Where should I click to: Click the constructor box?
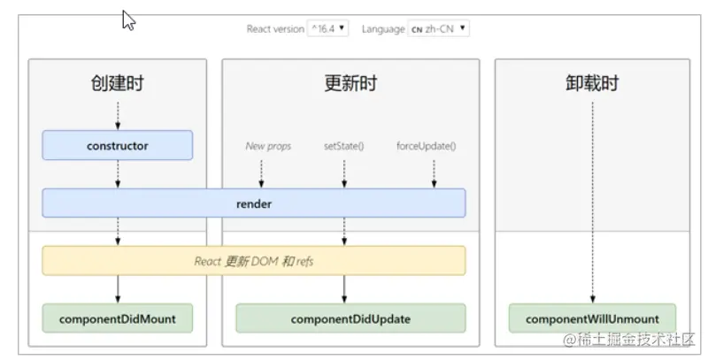click(x=117, y=145)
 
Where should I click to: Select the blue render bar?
click(x=253, y=203)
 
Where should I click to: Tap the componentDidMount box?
click(x=117, y=318)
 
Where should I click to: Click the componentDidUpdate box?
click(x=350, y=318)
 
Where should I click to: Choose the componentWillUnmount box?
click(x=592, y=318)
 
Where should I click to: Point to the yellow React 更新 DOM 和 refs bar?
click(x=253, y=261)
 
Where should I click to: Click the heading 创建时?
click(x=117, y=84)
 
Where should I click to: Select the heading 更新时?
click(x=350, y=84)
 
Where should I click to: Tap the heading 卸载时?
click(x=592, y=84)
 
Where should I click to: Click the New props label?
click(x=268, y=145)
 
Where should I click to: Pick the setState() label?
click(x=344, y=145)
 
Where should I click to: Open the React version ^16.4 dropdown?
click(x=327, y=28)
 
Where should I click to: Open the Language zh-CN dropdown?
click(x=438, y=28)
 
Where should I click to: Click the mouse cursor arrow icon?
click(x=128, y=20)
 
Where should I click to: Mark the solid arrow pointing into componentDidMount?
click(x=117, y=289)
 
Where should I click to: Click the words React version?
click(x=274, y=28)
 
